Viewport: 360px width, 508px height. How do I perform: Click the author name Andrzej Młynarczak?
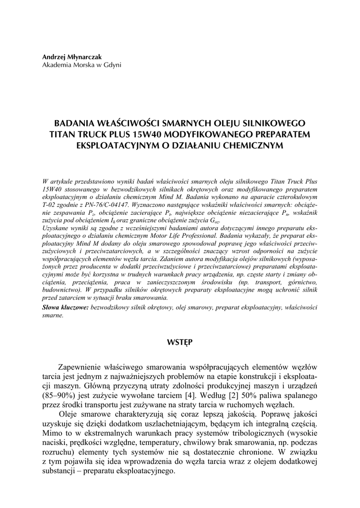(x=72, y=57)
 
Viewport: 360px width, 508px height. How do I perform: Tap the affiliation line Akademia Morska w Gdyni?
(x=82, y=65)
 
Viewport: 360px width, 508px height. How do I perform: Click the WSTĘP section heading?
(x=180, y=342)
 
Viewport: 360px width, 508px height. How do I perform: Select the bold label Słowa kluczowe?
(x=66, y=307)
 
